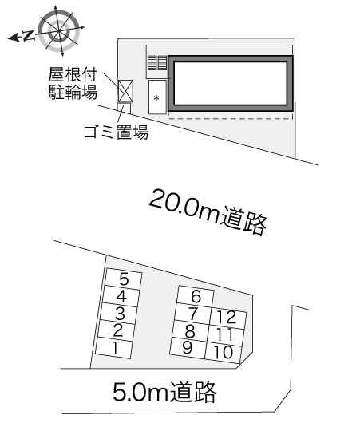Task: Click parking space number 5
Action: [x=123, y=279]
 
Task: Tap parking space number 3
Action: [x=119, y=313]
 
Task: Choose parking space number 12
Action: [x=227, y=318]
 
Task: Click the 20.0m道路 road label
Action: [x=208, y=212]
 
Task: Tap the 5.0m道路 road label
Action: [x=164, y=391]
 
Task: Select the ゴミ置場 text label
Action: [x=116, y=132]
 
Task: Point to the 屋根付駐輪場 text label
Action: [x=73, y=84]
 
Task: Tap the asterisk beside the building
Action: [x=156, y=97]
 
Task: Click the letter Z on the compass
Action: [x=29, y=36]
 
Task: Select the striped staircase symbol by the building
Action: [x=157, y=63]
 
